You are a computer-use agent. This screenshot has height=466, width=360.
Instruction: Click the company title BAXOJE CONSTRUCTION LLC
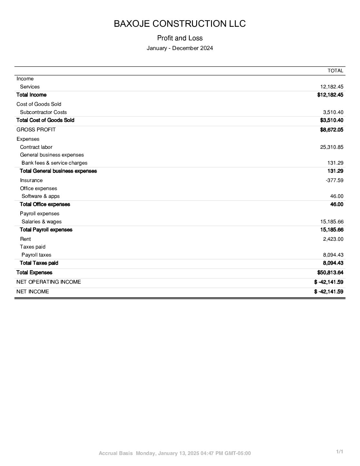pos(180,24)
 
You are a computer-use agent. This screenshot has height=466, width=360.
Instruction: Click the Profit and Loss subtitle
pos(180,38)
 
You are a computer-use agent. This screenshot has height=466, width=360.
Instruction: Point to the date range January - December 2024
pos(180,48)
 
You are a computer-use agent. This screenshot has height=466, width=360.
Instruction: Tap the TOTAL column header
pos(335,71)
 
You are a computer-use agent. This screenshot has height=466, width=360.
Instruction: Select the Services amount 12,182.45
pos(332,87)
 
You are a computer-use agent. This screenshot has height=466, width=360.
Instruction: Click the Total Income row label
pos(31,95)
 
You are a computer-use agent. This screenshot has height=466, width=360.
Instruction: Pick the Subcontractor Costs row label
pos(43,112)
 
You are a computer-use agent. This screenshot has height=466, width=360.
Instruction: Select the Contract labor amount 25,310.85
pos(332,147)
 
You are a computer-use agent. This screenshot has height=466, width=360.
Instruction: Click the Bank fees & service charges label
pos(54,163)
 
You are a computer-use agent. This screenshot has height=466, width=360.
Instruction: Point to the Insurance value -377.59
pos(335,180)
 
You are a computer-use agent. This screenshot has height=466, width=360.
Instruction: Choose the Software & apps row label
pos(40,196)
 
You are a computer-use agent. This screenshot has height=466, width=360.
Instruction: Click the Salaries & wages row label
pos(41,222)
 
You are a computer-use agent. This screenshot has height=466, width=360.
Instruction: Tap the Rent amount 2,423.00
pos(333,239)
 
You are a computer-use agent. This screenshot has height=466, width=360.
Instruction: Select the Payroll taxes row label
pos(36,255)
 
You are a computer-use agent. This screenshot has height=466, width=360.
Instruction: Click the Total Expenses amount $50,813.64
pos(330,273)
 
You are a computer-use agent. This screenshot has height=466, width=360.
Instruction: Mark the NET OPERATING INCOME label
pos(48,282)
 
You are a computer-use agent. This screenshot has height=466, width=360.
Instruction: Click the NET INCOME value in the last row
pos(328,292)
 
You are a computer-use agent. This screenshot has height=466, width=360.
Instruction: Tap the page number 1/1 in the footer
pos(339,451)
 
